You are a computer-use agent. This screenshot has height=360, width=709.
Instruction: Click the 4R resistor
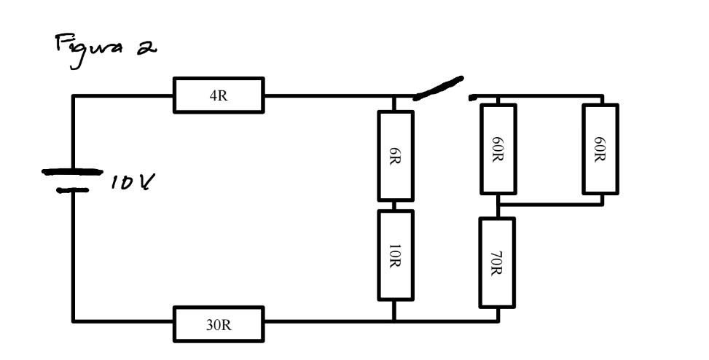pos(219,95)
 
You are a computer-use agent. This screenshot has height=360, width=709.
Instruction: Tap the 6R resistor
pos(395,155)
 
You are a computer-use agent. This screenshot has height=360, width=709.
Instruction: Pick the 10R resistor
pos(395,255)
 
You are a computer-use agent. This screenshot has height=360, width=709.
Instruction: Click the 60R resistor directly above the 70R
pos(497,149)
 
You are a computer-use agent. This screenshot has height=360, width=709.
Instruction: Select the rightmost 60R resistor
pos(600,149)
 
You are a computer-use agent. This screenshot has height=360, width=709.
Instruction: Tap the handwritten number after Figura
pos(149,47)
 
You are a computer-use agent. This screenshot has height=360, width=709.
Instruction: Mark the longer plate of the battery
pos(72,173)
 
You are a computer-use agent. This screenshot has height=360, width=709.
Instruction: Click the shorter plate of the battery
pos(73,190)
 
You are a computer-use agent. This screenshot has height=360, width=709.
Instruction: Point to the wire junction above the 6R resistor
pos(395,96)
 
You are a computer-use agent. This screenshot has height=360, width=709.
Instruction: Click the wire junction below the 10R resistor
pos(395,320)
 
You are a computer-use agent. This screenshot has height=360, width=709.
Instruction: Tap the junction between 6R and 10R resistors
pos(395,206)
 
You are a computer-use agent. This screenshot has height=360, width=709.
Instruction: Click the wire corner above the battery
pos(73,96)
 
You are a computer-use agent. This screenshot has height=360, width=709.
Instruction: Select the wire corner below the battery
pos(73,320)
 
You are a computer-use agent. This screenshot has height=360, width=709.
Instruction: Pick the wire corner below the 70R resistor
pos(498,320)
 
